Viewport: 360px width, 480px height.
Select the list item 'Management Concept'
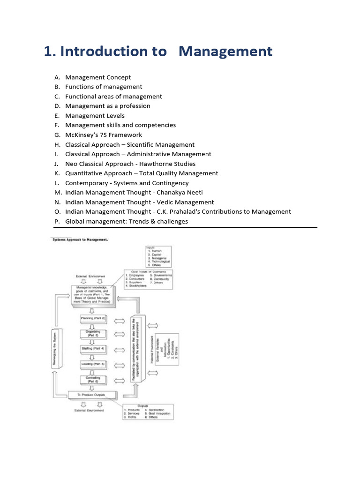98,77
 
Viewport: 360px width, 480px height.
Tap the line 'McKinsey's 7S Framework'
104,135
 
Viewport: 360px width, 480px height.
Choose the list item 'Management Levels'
95,116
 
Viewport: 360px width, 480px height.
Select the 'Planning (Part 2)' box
93,319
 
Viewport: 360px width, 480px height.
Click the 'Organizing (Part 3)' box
93,334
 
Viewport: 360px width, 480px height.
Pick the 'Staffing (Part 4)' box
93,349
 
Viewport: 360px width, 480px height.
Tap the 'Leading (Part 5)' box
93,364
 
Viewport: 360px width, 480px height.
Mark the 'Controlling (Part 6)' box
93,379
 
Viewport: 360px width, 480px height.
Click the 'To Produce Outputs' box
92,395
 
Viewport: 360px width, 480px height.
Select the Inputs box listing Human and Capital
159,256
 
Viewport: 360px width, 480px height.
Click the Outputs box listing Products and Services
148,412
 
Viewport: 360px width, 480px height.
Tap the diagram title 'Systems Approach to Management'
79,239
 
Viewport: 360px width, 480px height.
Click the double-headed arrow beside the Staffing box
120,349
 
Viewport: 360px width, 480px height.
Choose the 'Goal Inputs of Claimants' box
148,278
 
